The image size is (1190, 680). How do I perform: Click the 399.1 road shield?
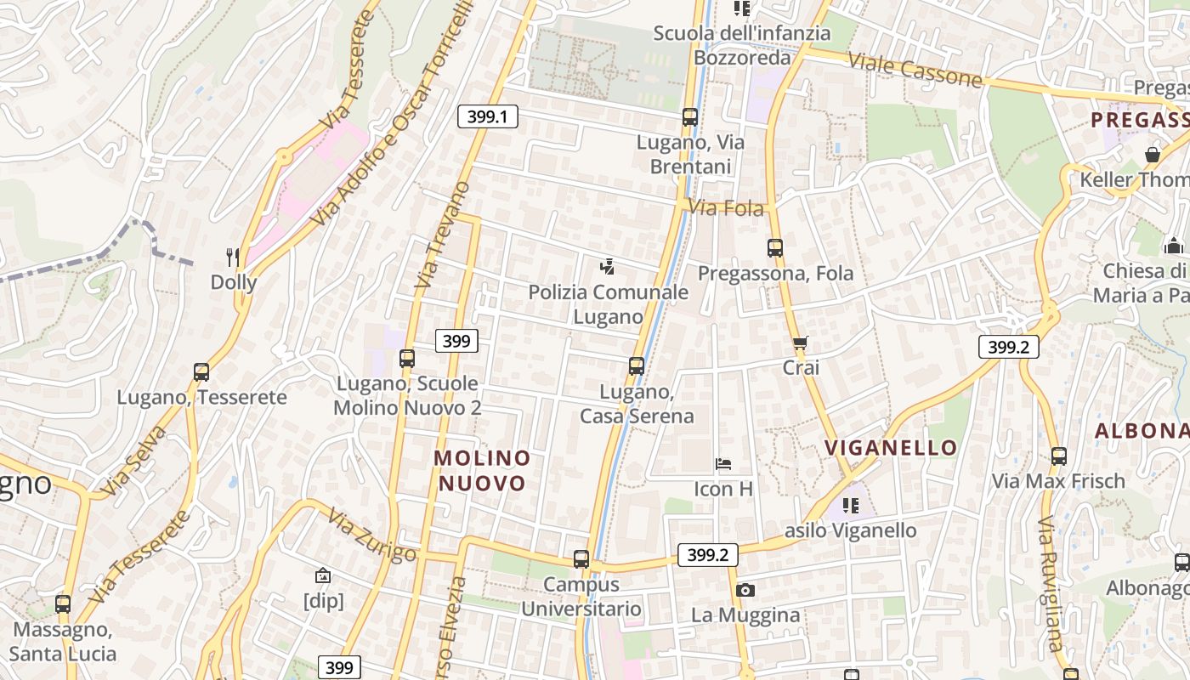point(488,116)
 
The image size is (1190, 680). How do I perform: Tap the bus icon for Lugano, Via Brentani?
point(689,117)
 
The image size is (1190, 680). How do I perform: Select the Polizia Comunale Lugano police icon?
point(607,267)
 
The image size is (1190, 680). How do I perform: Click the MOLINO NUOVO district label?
point(482,470)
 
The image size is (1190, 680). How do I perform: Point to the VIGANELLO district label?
point(891,448)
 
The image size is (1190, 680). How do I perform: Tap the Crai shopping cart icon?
point(800,343)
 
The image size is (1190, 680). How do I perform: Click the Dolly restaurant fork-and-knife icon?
point(233,256)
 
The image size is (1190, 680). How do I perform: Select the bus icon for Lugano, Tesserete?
point(201,371)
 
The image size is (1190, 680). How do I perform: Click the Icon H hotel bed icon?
point(723,464)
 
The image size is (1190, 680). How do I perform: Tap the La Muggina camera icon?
point(745,590)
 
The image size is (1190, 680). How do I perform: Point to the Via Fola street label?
point(726,207)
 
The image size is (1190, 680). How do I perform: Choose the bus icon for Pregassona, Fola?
point(774,248)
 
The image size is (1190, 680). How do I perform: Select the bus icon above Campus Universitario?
point(581,559)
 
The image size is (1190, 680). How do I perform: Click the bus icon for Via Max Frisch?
point(1059,456)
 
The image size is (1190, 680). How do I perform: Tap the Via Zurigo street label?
point(372,535)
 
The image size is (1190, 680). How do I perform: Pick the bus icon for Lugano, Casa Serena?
point(637,366)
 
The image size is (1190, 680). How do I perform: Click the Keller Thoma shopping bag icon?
point(1153,155)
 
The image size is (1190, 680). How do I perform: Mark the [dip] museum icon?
point(323,576)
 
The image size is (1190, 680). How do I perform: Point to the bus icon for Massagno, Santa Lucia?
point(63,604)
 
